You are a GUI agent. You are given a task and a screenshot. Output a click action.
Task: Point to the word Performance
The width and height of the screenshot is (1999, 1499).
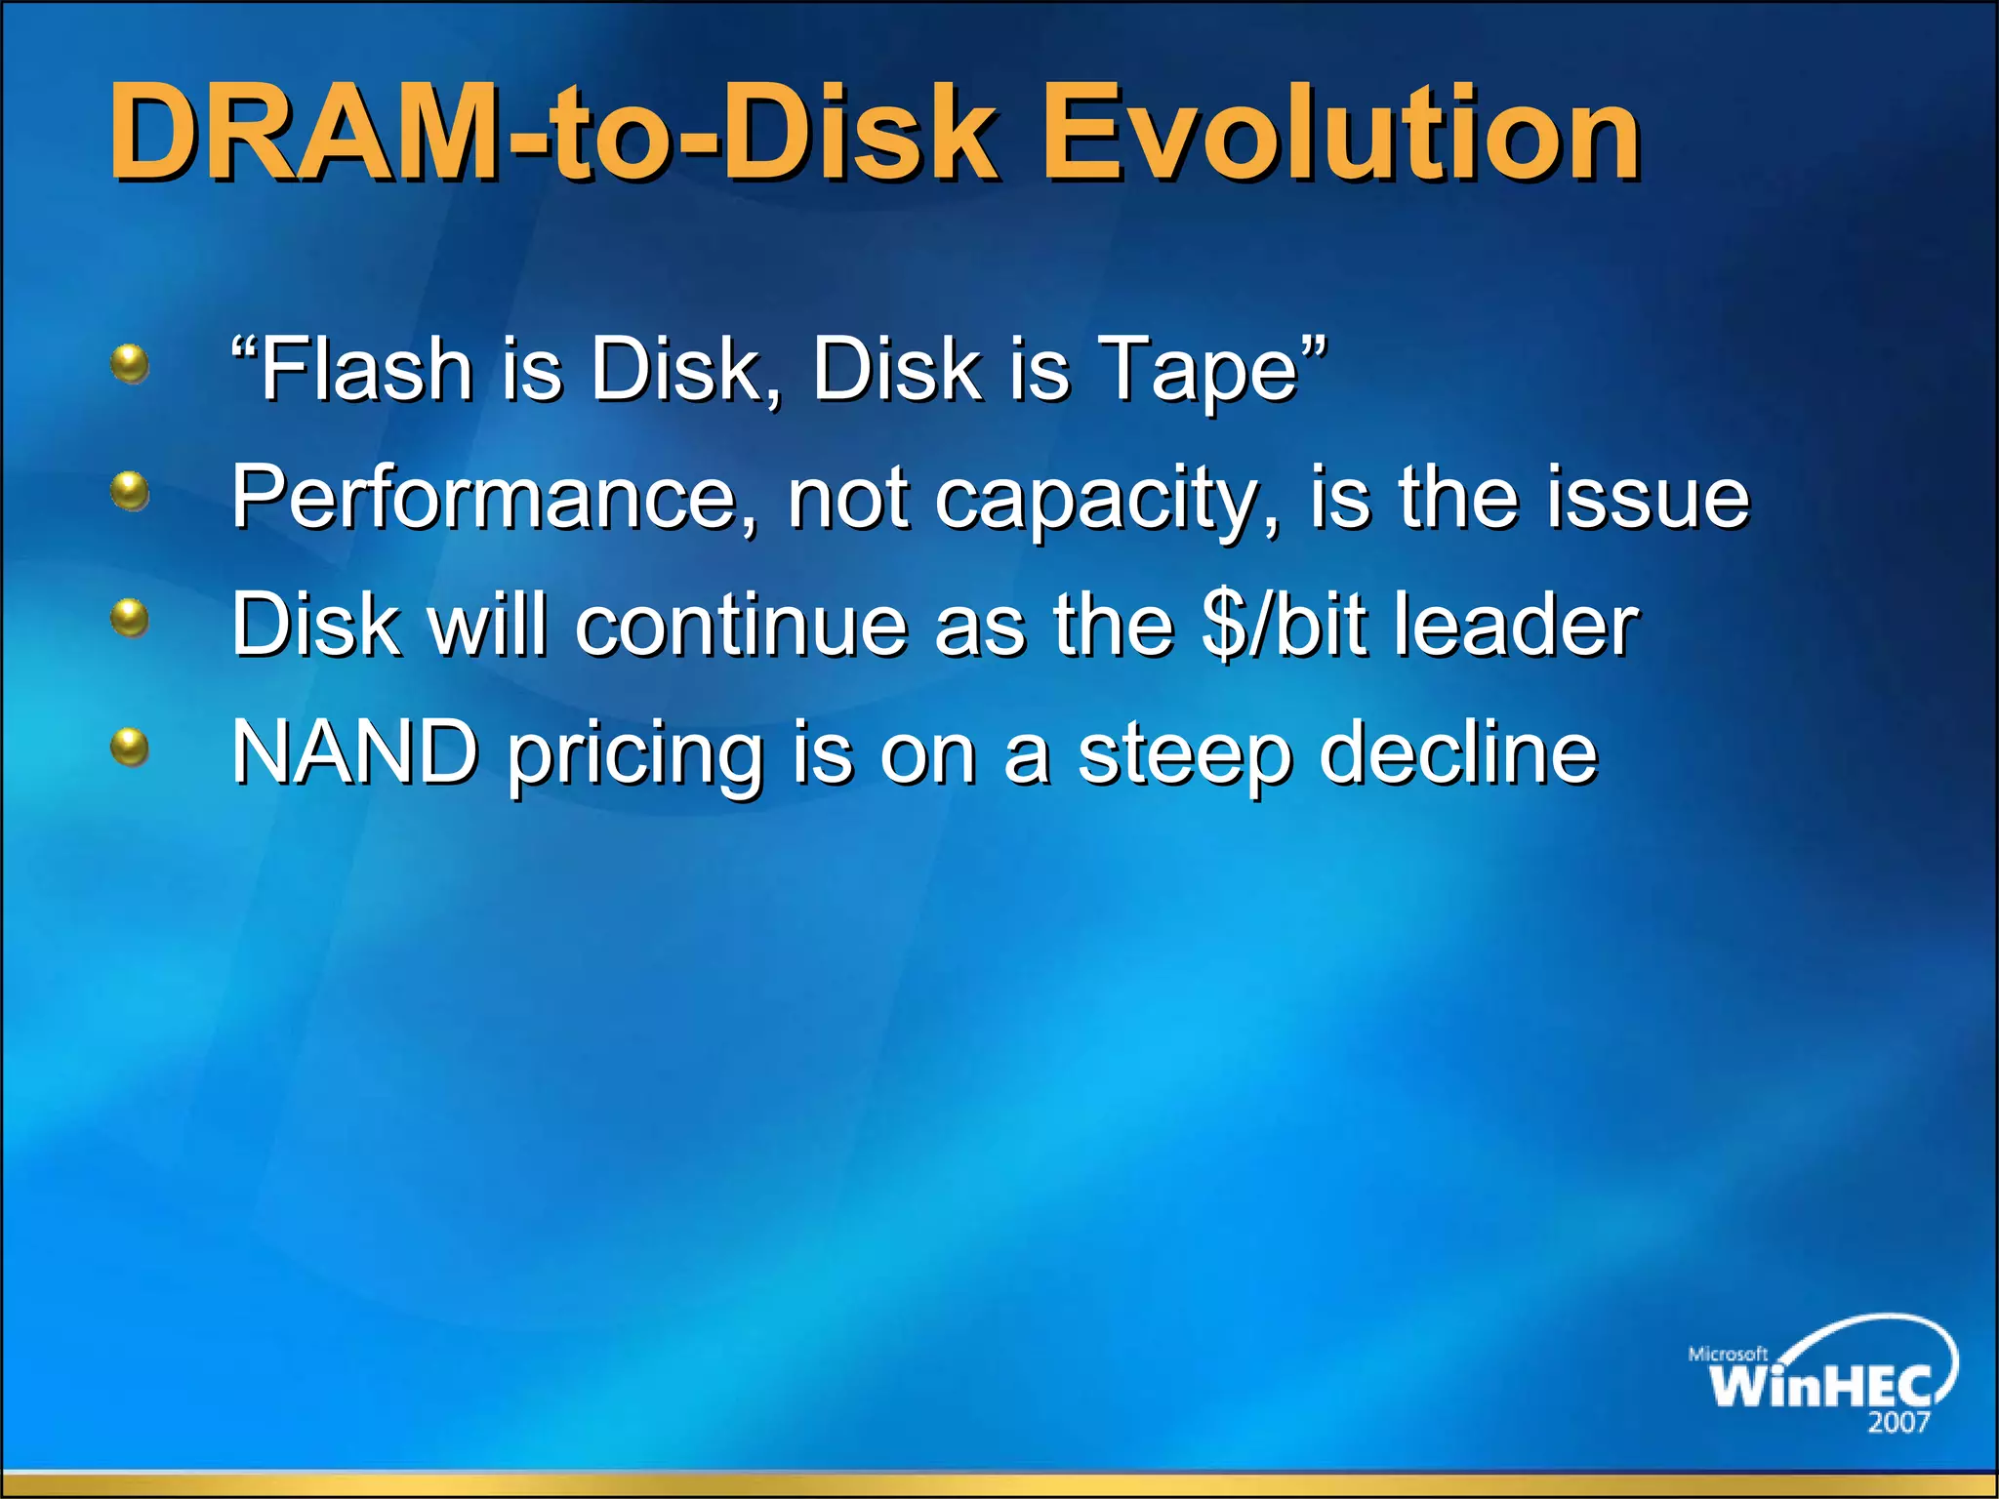tap(494, 498)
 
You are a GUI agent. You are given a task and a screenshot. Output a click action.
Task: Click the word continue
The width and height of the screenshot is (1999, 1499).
tap(742, 625)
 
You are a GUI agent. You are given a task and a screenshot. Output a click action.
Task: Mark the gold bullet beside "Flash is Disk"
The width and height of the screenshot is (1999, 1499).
tap(130, 365)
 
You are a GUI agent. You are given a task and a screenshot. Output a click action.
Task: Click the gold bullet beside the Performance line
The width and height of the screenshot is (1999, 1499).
tap(130, 491)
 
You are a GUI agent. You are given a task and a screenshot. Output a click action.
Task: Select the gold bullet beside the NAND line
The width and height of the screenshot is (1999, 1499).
tap(130, 749)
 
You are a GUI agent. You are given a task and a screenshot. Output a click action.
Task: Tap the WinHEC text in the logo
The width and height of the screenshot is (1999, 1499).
tap(1819, 1385)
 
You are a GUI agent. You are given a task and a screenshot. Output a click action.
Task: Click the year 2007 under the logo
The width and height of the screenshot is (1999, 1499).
tap(1898, 1422)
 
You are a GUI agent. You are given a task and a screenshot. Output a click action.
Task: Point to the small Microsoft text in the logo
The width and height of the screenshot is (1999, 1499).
tap(1728, 1354)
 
